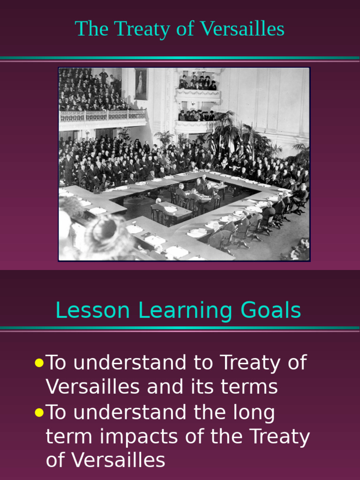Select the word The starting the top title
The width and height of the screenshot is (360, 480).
point(91,29)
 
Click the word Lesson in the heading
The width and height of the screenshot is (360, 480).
point(92,310)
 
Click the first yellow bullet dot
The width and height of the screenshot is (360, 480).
point(39,363)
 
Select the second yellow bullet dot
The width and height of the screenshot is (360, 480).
point(39,412)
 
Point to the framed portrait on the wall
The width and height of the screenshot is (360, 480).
point(141,84)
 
